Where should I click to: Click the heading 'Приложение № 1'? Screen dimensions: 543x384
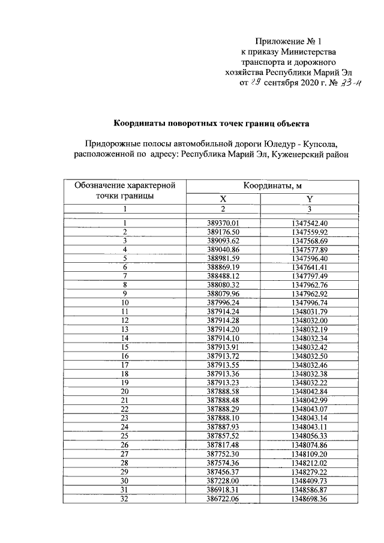[289, 41]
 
